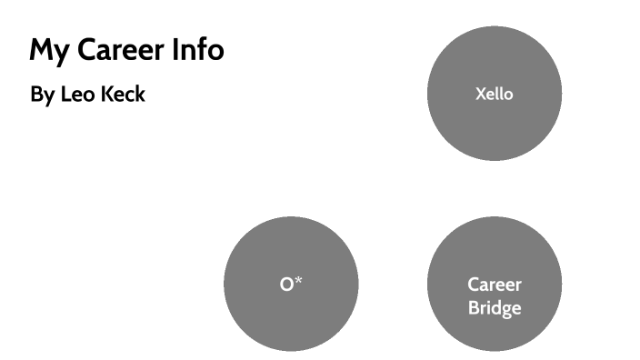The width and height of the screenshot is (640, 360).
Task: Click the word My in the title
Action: [x=49, y=51]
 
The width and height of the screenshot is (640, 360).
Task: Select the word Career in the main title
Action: [x=121, y=49]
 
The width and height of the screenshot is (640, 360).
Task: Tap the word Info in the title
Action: [x=198, y=49]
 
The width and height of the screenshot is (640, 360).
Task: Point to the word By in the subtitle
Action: [x=43, y=95]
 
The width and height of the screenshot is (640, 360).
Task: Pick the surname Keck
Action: [x=123, y=94]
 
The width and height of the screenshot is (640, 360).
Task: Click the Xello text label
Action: [x=495, y=94]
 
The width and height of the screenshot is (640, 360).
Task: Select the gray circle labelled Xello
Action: [x=495, y=94]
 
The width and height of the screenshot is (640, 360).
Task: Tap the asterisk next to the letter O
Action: [x=298, y=281]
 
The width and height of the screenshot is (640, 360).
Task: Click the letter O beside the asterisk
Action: [x=286, y=285]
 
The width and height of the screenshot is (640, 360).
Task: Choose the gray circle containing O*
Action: [x=291, y=284]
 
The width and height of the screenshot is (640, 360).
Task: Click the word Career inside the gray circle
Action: [x=495, y=285]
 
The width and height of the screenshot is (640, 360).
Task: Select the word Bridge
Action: [x=495, y=308]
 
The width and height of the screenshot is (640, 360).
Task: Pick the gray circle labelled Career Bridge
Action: [x=495, y=284]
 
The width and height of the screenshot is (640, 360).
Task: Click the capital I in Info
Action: [x=175, y=49]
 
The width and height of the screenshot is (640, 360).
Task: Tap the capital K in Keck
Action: [x=107, y=94]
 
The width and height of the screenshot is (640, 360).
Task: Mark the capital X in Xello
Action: [x=481, y=94]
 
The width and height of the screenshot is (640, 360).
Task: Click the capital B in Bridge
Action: [x=474, y=308]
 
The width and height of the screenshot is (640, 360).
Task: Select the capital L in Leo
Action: [x=65, y=94]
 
